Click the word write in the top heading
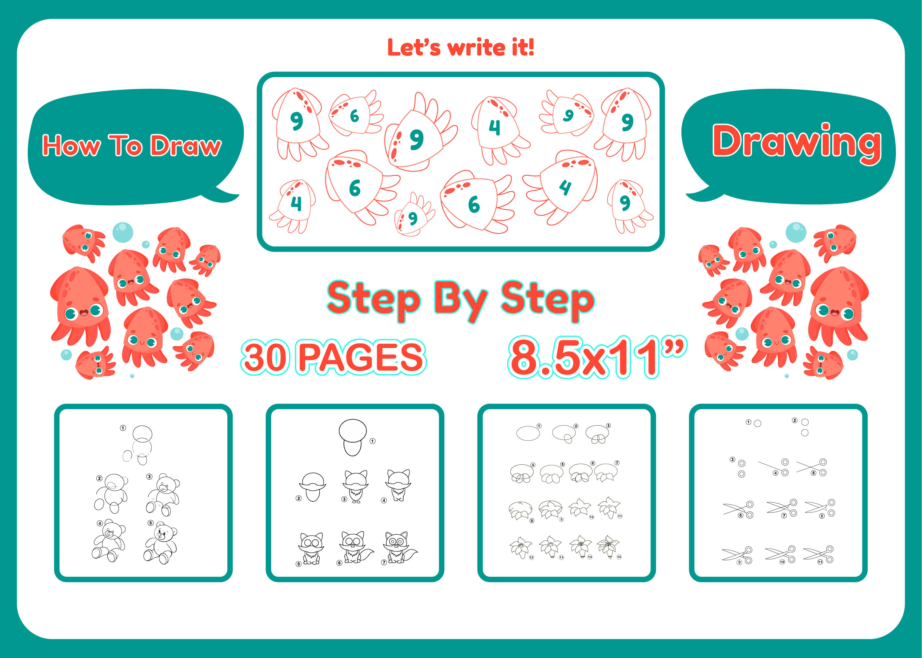point(476,48)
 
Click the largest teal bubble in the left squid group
point(123,232)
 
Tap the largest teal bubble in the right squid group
point(796,232)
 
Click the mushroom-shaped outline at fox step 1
point(353,437)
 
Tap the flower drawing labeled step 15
point(608,547)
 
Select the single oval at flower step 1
point(528,433)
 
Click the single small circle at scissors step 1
point(757,423)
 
